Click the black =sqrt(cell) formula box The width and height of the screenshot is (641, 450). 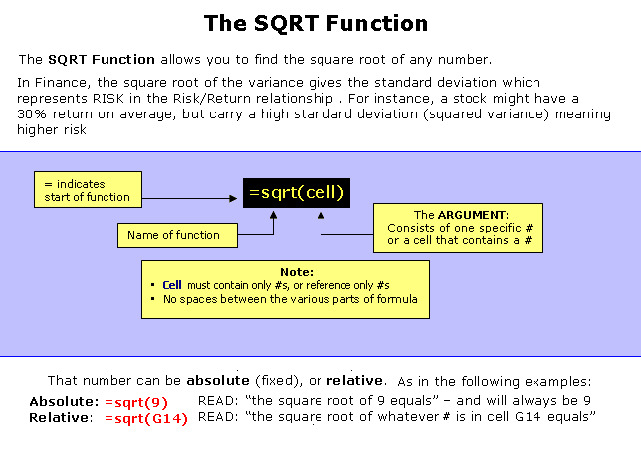pyautogui.click(x=297, y=193)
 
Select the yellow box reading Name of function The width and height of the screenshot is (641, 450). pyautogui.click(x=177, y=235)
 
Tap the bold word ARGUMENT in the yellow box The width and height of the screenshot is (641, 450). pyautogui.click(x=472, y=215)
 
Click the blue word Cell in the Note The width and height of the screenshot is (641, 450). pyautogui.click(x=172, y=285)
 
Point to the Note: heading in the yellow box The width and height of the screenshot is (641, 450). pyautogui.click(x=297, y=272)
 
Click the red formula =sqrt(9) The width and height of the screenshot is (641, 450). pyautogui.click(x=136, y=402)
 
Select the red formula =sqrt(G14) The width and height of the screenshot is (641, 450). pyautogui.click(x=146, y=419)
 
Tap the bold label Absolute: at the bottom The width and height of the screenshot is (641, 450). pyautogui.click(x=64, y=402)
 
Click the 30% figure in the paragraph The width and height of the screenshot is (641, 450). pyautogui.click(x=32, y=114)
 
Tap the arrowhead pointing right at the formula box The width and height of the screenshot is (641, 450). pyautogui.click(x=233, y=199)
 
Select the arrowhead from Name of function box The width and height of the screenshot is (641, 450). pyautogui.click(x=273, y=215)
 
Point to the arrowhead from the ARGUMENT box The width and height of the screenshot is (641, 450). pyautogui.click(x=320, y=215)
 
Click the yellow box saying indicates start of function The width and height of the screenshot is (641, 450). pyautogui.click(x=88, y=189)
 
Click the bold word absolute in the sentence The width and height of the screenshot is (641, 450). pyautogui.click(x=218, y=381)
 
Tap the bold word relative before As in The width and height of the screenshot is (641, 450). pyautogui.click(x=354, y=381)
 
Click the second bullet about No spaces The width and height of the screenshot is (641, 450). pyautogui.click(x=285, y=299)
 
